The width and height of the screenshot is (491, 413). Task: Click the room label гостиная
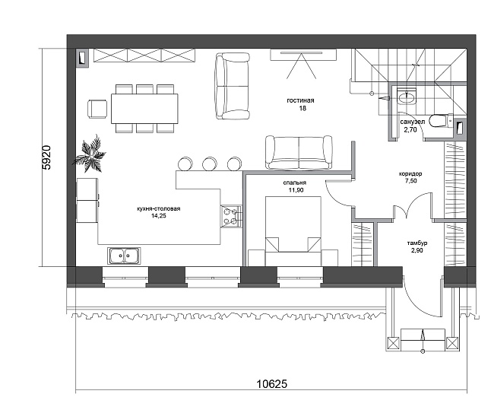300,100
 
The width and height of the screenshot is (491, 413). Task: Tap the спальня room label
295,183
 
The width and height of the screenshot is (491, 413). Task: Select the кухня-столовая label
159,208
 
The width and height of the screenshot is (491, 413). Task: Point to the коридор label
410,173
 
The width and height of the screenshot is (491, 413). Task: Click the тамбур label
417,243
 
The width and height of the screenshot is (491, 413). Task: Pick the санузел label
413,122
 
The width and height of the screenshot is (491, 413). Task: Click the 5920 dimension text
46,157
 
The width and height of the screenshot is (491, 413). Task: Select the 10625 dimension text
272,383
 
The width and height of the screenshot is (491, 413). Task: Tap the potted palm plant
89,154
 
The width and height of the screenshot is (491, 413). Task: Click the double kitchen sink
124,256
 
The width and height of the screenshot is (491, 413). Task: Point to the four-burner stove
231,216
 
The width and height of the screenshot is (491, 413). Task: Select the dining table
144,109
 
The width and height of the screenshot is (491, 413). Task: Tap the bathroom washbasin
407,96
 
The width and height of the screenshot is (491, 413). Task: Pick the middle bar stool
210,164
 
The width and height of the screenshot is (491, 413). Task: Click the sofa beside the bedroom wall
299,153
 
